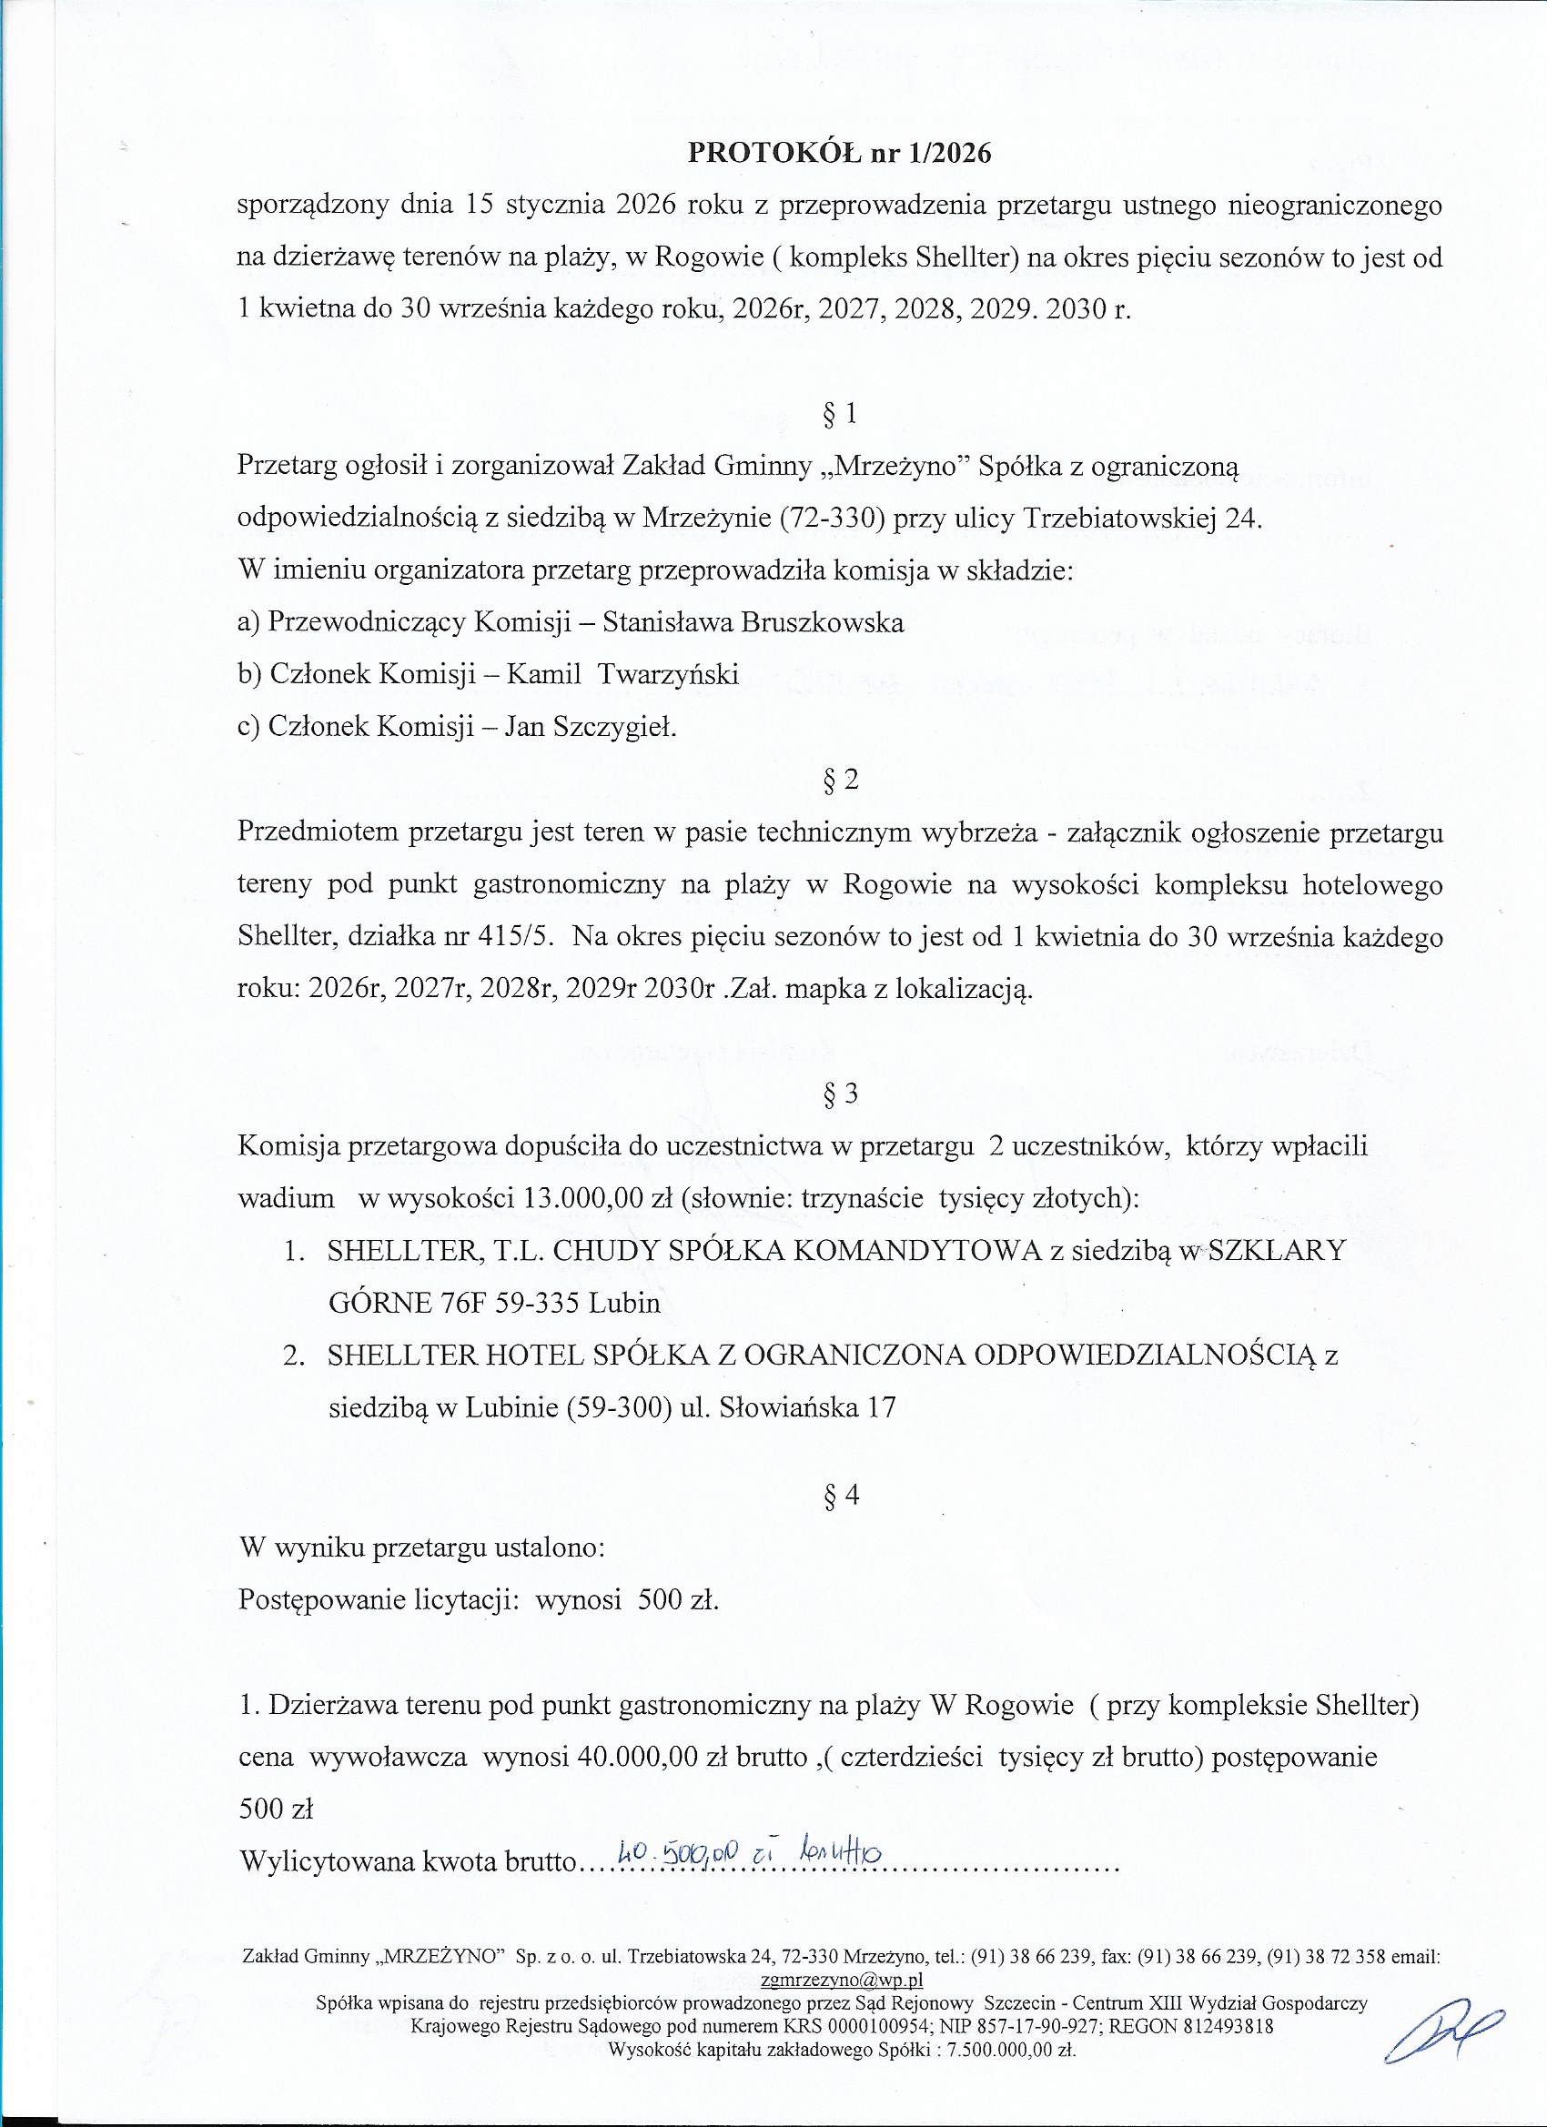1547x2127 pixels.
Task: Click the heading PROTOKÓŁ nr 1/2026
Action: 839,153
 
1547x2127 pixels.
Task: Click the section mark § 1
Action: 839,415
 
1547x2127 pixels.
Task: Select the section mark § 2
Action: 840,780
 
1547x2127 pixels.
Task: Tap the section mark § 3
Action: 840,1094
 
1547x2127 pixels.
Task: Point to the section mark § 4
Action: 841,1495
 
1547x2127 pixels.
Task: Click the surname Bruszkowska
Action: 822,622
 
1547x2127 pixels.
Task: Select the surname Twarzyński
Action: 668,674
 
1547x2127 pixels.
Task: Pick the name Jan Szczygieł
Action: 590,727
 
